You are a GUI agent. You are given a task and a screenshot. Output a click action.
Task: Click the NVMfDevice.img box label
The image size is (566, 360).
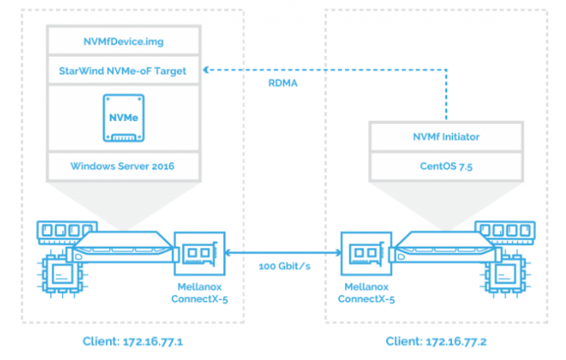coord(123,42)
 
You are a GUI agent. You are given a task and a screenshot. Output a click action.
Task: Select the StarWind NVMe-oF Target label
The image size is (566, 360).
coord(123,71)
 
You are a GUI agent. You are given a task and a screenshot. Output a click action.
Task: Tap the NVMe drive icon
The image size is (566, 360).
coord(123,118)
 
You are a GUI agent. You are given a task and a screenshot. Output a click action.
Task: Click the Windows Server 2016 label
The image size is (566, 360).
coord(123,166)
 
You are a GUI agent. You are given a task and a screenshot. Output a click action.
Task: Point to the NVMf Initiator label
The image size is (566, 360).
coord(447,137)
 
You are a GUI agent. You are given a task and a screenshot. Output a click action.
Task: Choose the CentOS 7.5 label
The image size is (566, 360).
coord(447,166)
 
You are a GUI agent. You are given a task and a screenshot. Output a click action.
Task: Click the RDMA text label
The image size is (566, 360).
coord(283,83)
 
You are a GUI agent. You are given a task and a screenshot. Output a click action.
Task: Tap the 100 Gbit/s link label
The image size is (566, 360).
coord(285,266)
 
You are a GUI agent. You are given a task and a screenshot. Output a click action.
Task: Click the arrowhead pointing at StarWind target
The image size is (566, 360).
coord(206,70)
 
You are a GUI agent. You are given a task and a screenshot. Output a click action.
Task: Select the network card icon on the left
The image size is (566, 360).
coord(200,253)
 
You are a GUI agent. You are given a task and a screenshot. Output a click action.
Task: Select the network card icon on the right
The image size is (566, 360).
coord(366,253)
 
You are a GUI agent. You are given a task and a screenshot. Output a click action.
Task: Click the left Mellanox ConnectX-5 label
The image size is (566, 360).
coord(200,293)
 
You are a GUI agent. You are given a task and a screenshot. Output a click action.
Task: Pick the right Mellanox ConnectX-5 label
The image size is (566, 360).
coord(366,293)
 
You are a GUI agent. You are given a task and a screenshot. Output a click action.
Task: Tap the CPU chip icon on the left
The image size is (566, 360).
coord(62,274)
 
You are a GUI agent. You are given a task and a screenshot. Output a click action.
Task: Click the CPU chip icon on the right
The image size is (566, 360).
coord(505,274)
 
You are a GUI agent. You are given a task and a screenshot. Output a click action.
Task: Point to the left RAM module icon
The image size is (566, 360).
coord(67,231)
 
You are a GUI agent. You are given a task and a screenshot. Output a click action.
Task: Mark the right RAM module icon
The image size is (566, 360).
coord(505,231)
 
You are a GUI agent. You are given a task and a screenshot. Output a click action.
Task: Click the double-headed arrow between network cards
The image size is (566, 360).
coord(283,253)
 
